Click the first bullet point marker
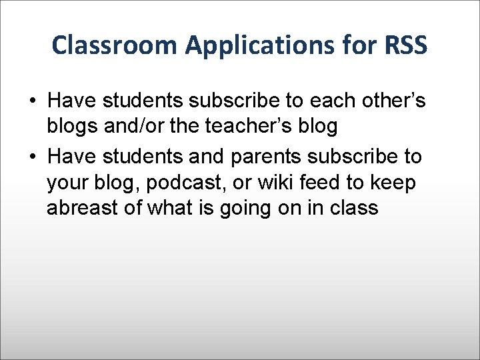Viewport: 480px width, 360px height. click(32, 101)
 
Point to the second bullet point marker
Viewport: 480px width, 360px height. click(32, 157)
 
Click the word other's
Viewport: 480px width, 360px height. click(393, 101)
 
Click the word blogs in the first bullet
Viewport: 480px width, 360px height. click(71, 127)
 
